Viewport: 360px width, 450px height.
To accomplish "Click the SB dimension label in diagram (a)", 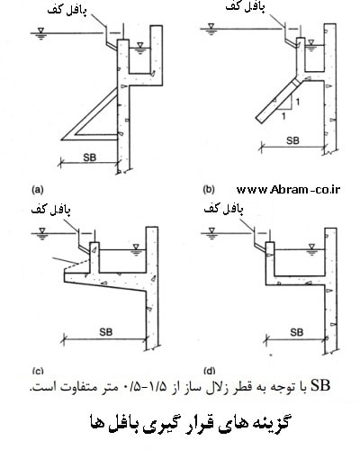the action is (90, 157).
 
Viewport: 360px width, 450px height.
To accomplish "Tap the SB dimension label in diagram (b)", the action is (292, 140).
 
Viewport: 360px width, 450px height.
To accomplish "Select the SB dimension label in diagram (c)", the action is (106, 332).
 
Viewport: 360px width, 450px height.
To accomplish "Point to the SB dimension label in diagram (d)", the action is (297, 332).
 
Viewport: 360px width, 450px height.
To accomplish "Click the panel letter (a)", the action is (38, 190).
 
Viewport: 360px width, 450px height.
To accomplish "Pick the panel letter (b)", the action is (209, 190).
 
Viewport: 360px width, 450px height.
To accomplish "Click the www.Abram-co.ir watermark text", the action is (288, 189).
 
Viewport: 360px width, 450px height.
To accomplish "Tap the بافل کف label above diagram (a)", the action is (67, 11).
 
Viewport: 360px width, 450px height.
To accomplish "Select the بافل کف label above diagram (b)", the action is (246, 7).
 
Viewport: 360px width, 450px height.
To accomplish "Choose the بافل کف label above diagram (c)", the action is (51, 210).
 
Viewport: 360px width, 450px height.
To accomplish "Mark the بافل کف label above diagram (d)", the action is (223, 209).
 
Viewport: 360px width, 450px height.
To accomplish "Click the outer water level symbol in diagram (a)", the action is (41, 33).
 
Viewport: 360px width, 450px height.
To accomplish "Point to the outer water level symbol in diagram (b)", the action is (211, 30).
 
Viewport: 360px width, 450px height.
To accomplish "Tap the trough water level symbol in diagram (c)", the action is (137, 249).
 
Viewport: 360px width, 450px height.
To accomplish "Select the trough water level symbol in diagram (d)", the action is (312, 249).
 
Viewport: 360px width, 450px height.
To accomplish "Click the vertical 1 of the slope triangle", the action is (297, 102).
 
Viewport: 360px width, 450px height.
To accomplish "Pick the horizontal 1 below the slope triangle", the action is (283, 116).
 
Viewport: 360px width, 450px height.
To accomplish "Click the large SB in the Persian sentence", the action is (320, 386).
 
